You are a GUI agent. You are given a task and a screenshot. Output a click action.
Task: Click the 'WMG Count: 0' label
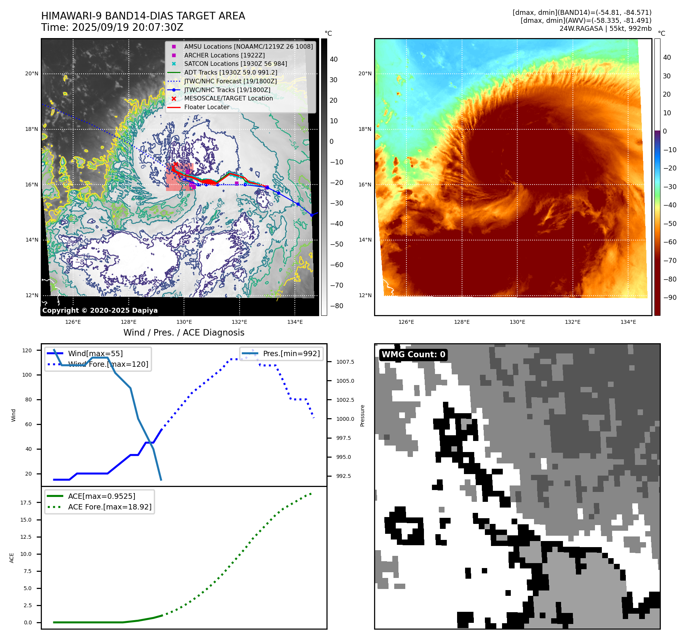413,355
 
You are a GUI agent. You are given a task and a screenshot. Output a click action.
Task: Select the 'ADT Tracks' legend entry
230,72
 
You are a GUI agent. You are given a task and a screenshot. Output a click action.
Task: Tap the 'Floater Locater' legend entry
206,107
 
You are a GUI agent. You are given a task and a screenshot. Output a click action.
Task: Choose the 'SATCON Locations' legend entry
235,64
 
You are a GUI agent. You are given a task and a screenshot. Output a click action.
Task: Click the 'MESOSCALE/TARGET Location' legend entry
228,99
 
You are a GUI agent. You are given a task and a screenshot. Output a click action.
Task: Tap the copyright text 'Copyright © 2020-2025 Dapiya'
100,310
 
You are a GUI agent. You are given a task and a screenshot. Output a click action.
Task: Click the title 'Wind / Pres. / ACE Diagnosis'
184,333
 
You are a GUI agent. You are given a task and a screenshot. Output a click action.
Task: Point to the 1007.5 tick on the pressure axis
345,362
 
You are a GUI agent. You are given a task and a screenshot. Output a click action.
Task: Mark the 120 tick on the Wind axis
27,350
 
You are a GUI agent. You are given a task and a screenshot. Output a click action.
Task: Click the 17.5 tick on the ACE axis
26,503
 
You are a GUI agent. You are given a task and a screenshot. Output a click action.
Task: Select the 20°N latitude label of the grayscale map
32,74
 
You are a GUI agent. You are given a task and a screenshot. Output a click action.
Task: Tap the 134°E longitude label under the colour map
628,322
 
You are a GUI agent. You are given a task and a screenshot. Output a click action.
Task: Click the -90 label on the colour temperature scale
670,298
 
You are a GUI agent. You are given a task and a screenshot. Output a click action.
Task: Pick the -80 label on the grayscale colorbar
336,306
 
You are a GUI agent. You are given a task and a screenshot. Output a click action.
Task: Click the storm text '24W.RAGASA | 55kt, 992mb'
605,29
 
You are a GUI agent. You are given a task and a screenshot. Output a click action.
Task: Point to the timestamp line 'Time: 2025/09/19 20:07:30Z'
112,27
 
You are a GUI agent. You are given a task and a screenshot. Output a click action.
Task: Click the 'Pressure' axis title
362,415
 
